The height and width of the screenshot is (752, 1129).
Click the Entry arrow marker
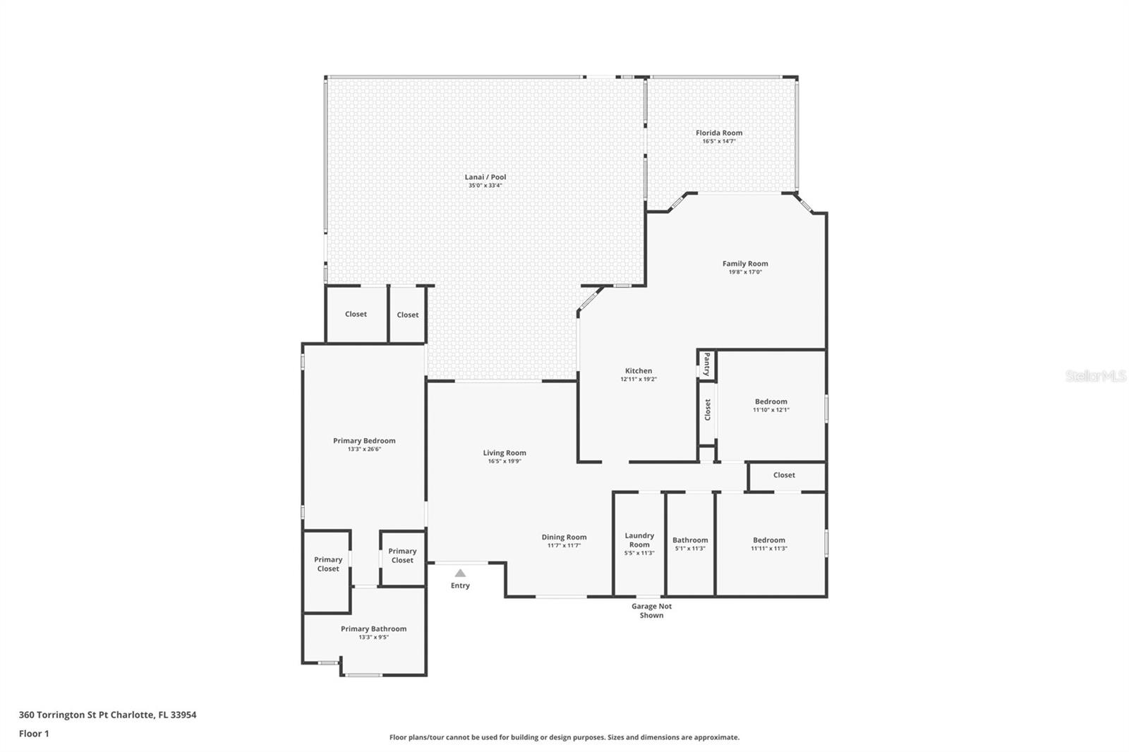460,573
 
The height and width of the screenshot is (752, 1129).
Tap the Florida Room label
718,133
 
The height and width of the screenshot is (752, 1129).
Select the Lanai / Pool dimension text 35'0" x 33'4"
485,186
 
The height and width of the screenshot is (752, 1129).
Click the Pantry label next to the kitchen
706,365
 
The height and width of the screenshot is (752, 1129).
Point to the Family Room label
744,264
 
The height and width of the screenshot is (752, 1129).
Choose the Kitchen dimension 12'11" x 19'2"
638,380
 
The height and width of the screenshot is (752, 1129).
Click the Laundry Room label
639,540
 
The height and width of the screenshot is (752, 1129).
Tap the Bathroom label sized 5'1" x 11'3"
689,540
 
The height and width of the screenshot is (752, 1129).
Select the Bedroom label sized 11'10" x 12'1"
771,401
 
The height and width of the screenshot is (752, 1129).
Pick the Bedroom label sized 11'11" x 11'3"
768,540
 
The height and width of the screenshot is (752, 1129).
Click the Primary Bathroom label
373,629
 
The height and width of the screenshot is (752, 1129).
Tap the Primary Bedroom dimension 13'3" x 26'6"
364,449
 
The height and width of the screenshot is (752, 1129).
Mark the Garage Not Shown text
651,611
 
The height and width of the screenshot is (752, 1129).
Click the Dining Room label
564,537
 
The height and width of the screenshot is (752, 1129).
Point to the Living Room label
504,453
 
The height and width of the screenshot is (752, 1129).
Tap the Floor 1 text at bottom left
34,734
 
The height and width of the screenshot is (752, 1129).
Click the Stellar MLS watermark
1095,376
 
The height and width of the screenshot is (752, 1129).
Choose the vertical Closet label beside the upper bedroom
707,410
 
